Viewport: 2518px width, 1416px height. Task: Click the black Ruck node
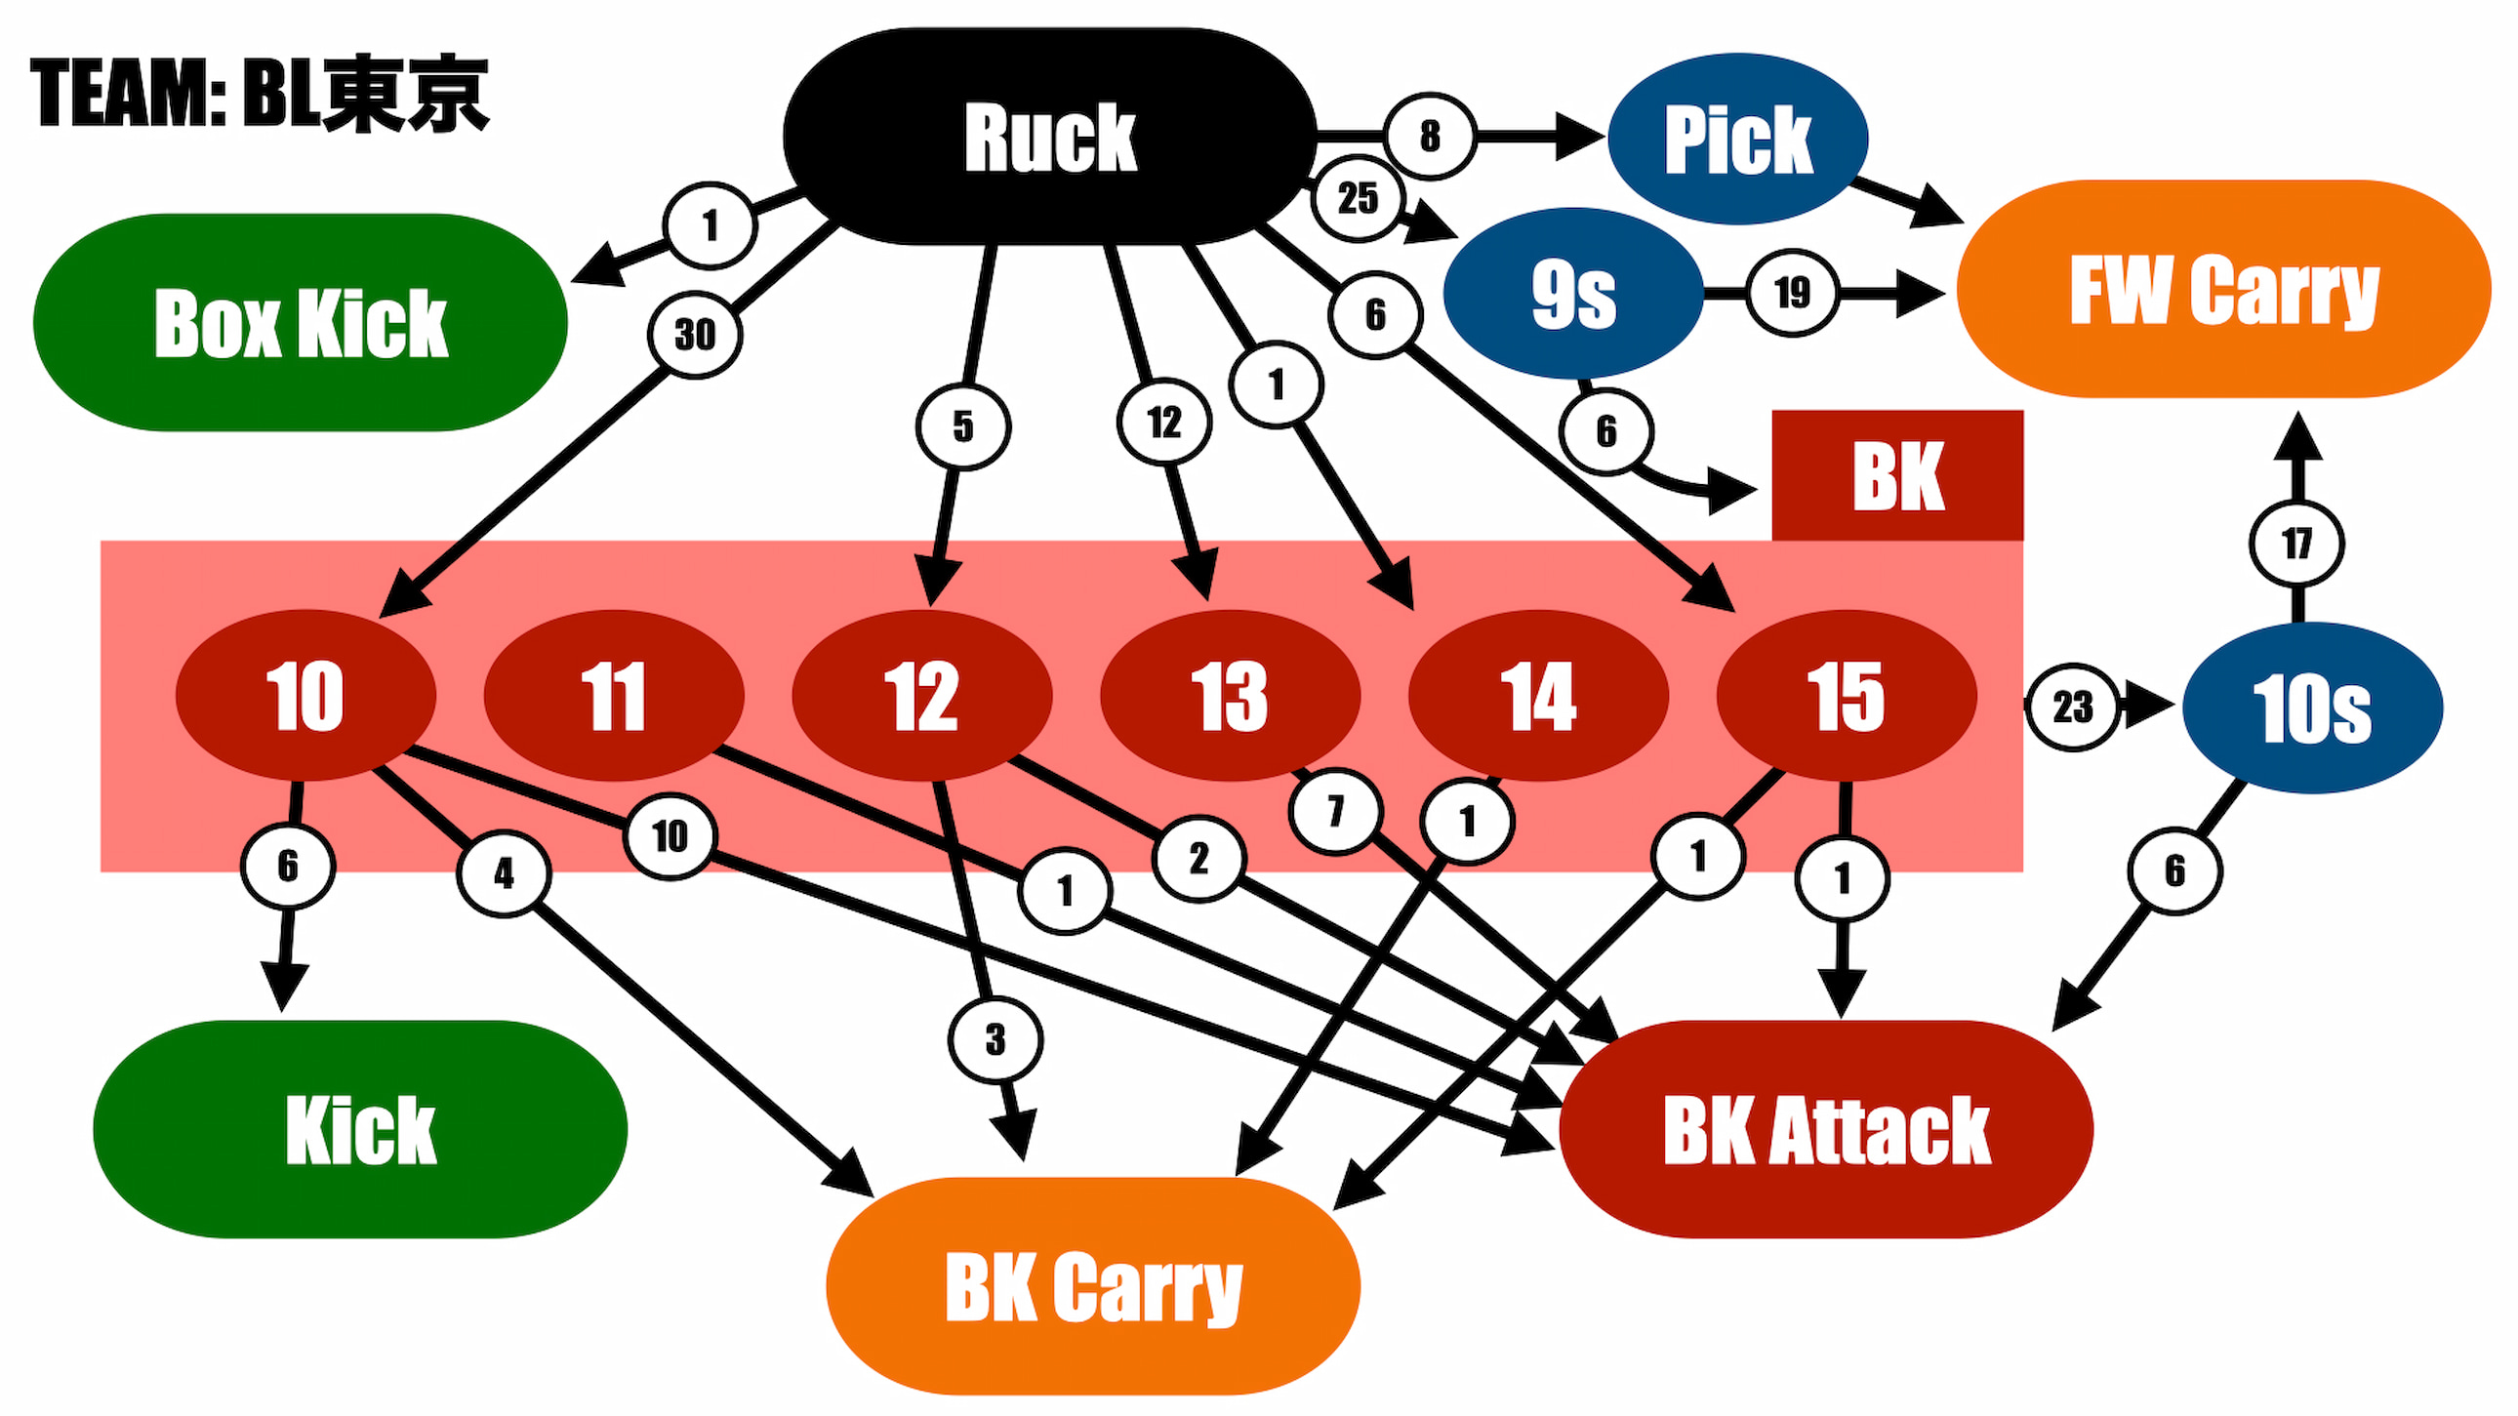tap(1050, 137)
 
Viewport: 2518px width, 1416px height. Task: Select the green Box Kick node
tap(300, 322)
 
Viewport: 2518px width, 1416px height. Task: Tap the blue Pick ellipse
tap(1738, 139)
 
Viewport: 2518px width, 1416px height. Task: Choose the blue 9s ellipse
tap(1572, 293)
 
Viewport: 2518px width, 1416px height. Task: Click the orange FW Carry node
tap(2224, 289)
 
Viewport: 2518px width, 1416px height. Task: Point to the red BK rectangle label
tap(1897, 476)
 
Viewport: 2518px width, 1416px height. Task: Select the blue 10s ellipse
tap(2312, 708)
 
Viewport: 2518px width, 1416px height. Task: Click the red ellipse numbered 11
tap(614, 696)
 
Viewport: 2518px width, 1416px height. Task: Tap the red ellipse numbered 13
tap(1230, 696)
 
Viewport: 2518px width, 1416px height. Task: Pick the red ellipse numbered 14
tap(1537, 696)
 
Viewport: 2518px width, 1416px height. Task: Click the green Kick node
tap(360, 1130)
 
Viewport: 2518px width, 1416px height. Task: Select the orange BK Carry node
tap(1093, 1286)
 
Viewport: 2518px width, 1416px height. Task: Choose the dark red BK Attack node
tap(1826, 1130)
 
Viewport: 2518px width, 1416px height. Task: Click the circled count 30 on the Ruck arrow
tap(695, 335)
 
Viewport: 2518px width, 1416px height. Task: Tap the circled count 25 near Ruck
tap(1358, 198)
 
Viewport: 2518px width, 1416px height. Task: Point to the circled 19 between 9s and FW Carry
tap(1792, 292)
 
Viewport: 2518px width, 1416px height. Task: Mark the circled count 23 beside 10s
tap(2072, 707)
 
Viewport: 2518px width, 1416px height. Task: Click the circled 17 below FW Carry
tap(2296, 544)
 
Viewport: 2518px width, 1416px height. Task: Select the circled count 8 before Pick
tap(1429, 136)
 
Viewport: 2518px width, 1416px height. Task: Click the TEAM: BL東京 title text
tap(259, 94)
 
